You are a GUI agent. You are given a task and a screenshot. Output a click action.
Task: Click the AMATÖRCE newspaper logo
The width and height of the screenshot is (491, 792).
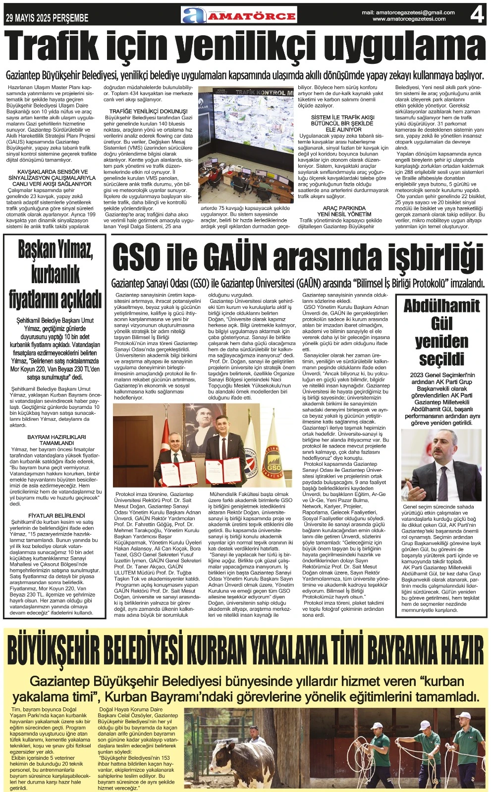pos(239,15)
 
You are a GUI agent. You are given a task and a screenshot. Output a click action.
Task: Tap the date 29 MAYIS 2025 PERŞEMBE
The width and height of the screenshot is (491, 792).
pos(47,18)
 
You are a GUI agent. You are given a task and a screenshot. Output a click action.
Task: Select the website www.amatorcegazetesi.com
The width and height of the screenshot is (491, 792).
pos(409,19)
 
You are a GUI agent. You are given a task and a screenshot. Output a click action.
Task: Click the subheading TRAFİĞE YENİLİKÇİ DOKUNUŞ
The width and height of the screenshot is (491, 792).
pos(149,111)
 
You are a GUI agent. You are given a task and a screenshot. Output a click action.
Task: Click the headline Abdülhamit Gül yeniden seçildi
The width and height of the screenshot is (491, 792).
pos(441,332)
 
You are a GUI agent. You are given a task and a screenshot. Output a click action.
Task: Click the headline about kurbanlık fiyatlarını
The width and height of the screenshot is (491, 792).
pos(55,274)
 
